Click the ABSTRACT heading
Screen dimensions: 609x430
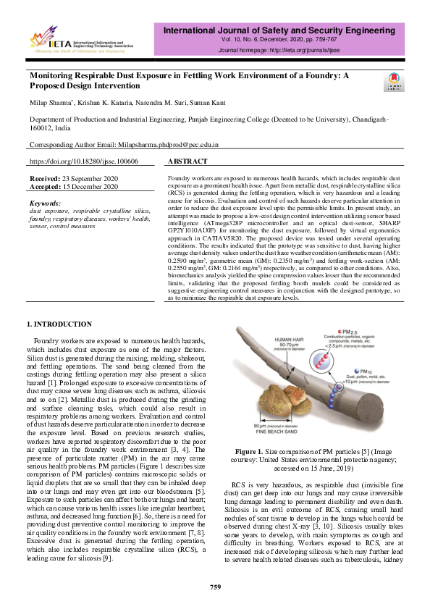point(188,162)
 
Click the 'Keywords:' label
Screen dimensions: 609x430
point(47,203)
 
